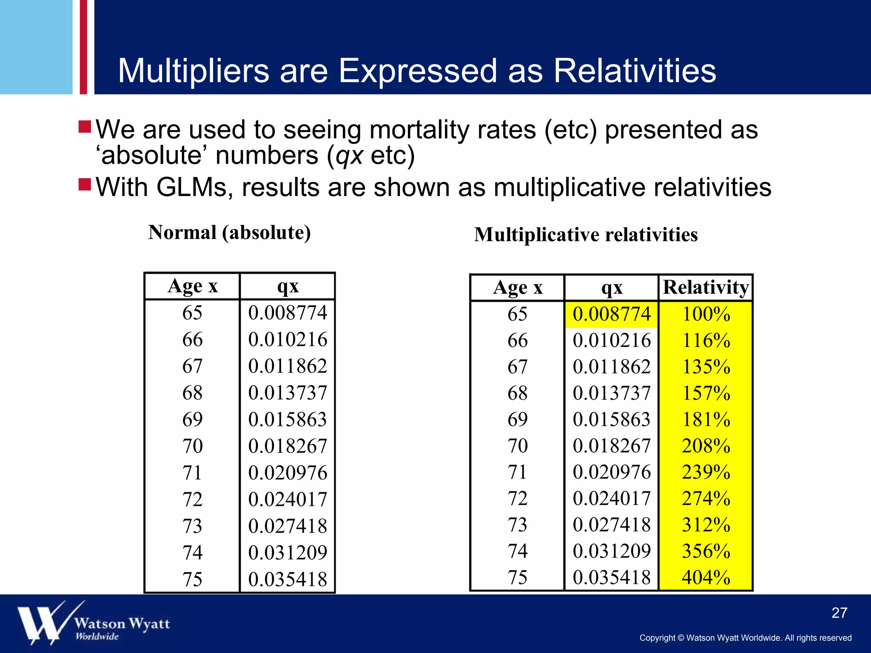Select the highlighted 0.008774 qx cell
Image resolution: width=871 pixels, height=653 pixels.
(x=611, y=314)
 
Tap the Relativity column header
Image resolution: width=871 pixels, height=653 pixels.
(x=706, y=287)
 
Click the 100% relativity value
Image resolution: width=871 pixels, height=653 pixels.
(x=706, y=314)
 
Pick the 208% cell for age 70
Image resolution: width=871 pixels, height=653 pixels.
(x=706, y=446)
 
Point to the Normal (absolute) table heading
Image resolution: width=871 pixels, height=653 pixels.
(x=229, y=233)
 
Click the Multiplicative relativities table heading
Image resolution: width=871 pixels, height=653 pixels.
(x=586, y=235)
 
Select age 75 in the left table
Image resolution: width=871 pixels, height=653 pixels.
(x=192, y=579)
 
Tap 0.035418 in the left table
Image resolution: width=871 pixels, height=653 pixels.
(x=287, y=579)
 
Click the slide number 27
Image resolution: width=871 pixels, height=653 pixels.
(x=839, y=613)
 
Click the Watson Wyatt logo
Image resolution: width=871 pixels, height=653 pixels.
(x=94, y=623)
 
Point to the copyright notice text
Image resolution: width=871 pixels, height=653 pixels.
(x=745, y=638)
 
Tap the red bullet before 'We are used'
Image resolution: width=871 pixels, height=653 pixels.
(x=85, y=126)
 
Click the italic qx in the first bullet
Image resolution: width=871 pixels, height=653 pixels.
(x=349, y=156)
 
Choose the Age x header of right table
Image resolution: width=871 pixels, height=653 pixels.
(x=518, y=288)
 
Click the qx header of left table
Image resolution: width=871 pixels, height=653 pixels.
(x=287, y=286)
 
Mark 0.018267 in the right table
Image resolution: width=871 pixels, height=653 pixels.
(x=611, y=446)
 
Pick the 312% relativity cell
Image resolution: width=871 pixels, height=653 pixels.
(x=706, y=525)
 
